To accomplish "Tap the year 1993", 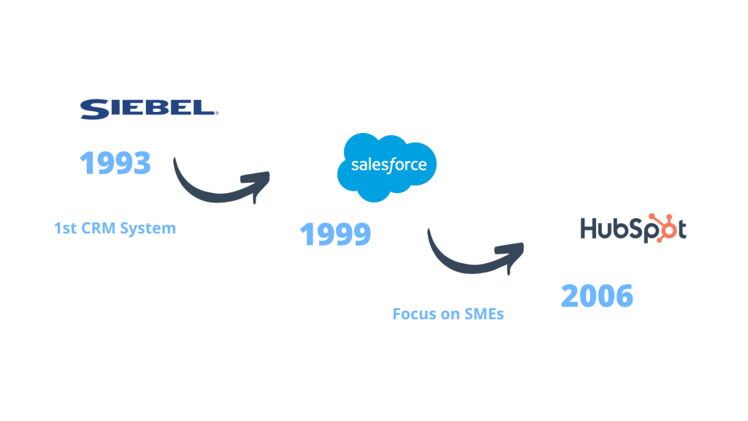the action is click(115, 163).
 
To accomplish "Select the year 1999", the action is click(335, 234).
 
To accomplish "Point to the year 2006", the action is click(597, 295).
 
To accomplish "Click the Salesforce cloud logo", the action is click(387, 167).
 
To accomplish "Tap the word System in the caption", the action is click(148, 229).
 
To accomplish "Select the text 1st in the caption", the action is click(65, 228).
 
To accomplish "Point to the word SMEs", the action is click(484, 314).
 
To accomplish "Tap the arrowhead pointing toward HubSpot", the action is click(511, 254).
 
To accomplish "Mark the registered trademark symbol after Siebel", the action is click(216, 113).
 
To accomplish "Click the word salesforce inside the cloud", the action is click(389, 164).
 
